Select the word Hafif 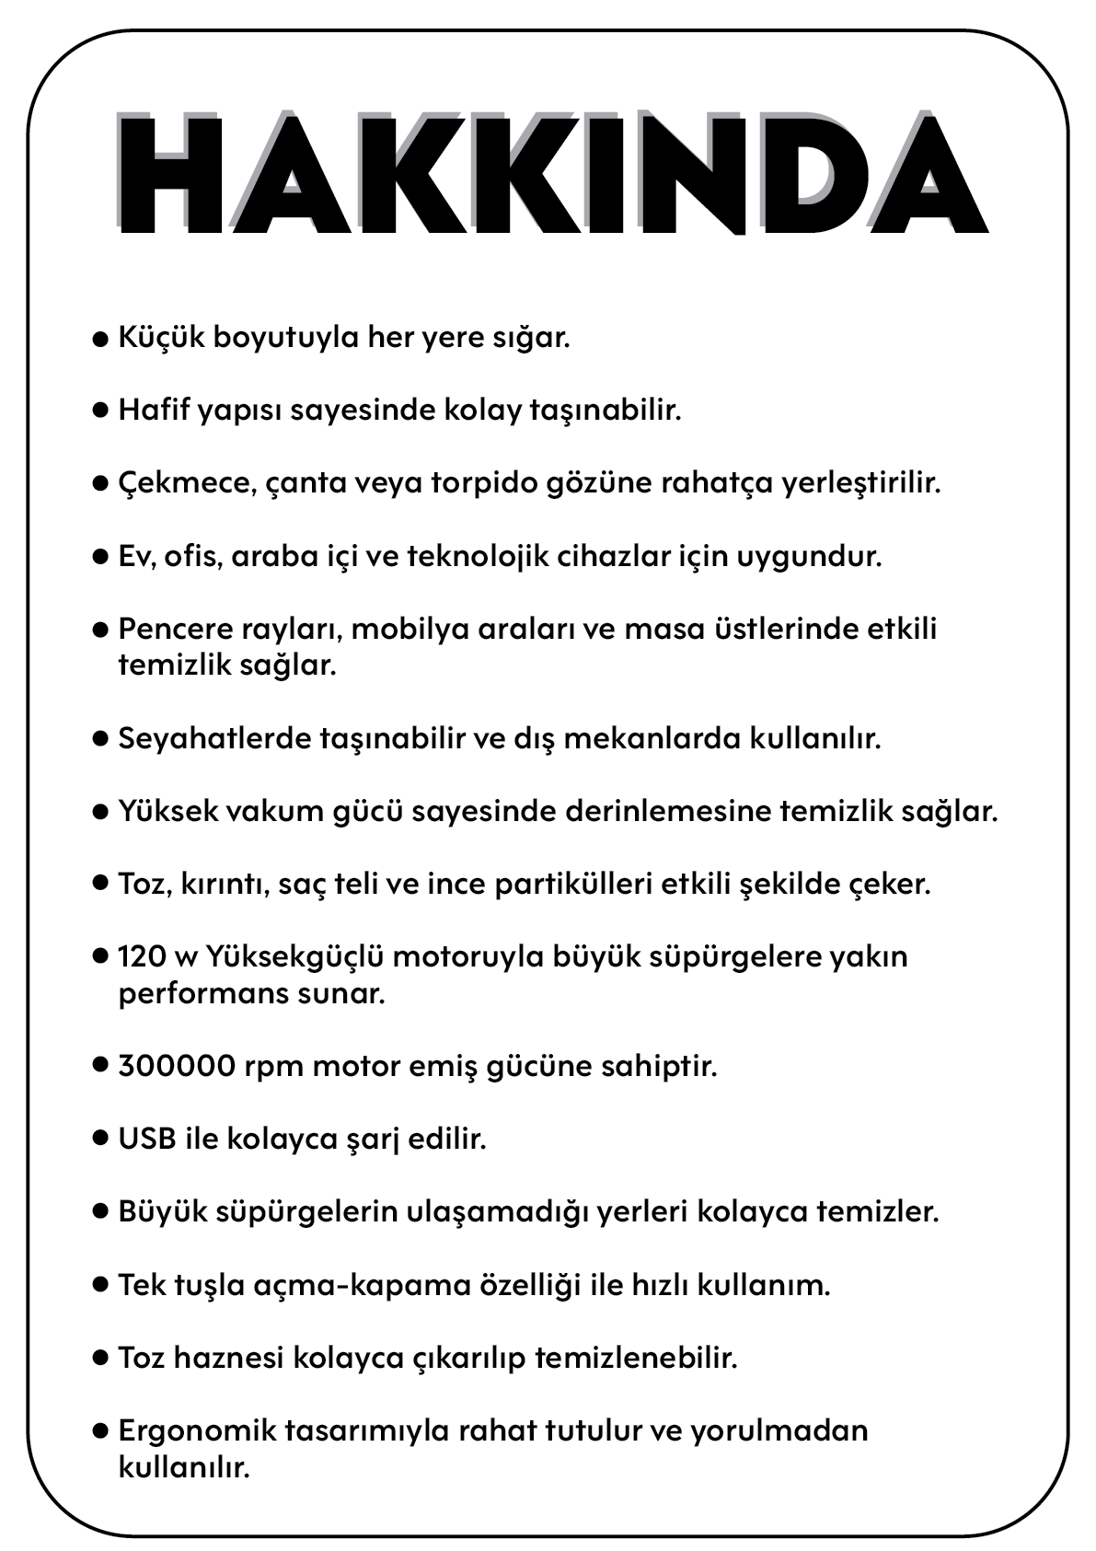[x=152, y=410]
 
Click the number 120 [x=141, y=956]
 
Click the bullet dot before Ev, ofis [x=101, y=557]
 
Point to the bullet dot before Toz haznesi [x=101, y=1359]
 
